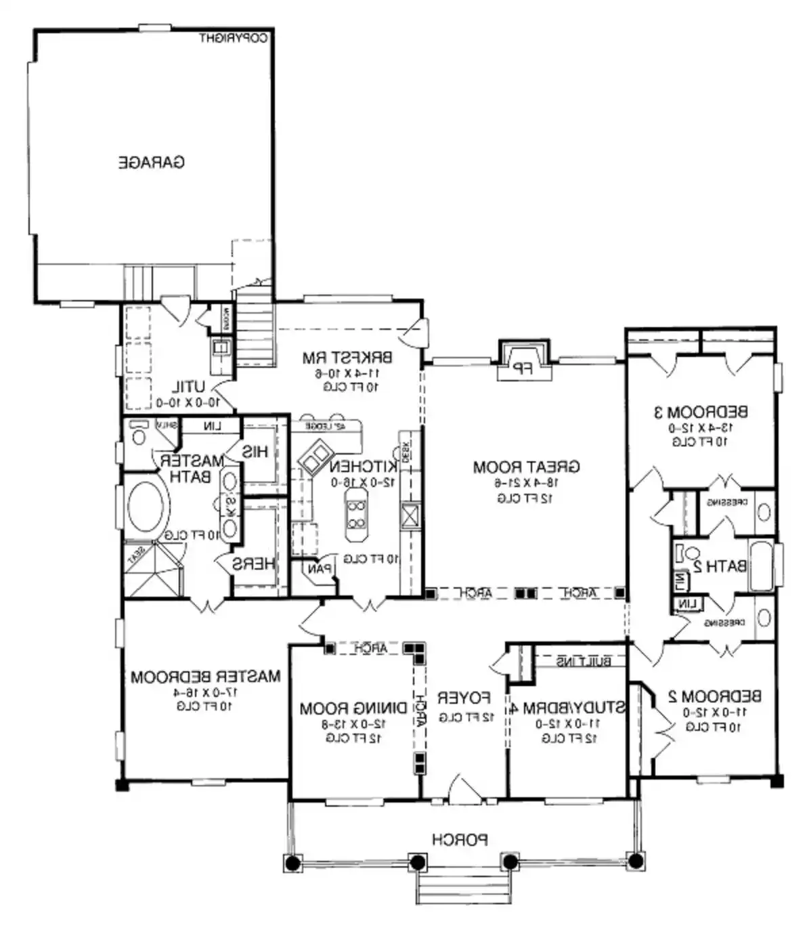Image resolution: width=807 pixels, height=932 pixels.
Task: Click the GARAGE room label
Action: (x=152, y=163)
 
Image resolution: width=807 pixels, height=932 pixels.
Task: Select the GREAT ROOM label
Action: (x=526, y=467)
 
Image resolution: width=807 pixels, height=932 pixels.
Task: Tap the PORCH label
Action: (x=460, y=840)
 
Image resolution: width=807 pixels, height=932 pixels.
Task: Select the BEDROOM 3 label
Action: (x=701, y=412)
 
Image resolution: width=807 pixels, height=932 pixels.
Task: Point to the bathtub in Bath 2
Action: (x=761, y=565)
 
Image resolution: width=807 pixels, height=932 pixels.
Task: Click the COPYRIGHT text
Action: (x=234, y=39)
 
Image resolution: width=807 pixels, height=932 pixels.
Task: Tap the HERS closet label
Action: (x=253, y=564)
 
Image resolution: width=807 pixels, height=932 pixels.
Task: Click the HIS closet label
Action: (x=255, y=452)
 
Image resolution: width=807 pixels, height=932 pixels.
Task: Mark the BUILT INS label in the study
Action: (x=584, y=661)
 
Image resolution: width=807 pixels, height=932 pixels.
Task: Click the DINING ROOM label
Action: (x=353, y=708)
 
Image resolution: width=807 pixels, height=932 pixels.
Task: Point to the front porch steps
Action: (x=462, y=885)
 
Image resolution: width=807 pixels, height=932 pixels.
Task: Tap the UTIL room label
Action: (x=188, y=387)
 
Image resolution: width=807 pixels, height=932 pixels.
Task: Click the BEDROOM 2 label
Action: (x=714, y=696)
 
